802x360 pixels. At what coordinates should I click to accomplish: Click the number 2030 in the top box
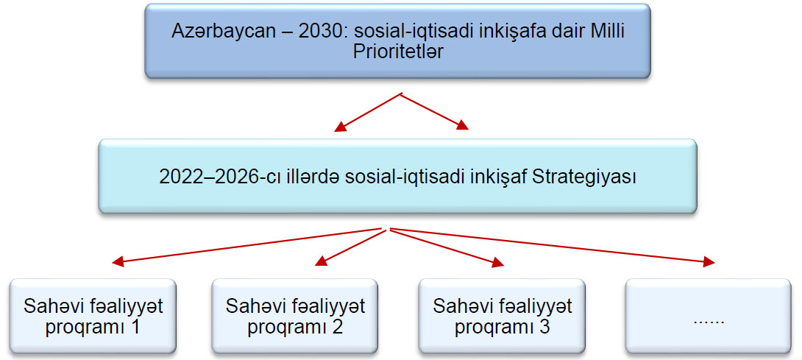click(x=317, y=31)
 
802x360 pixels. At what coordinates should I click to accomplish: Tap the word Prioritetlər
click(x=399, y=52)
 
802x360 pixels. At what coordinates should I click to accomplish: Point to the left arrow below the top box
click(x=369, y=112)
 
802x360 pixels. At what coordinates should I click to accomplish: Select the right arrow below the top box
click(x=436, y=111)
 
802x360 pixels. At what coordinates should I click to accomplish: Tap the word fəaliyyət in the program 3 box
click(x=539, y=307)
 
